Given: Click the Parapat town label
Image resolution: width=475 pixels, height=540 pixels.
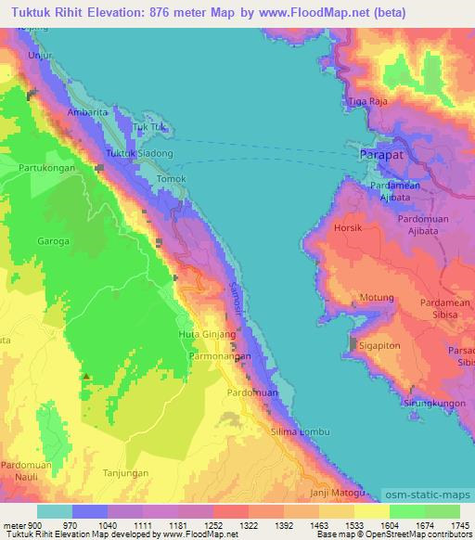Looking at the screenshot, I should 382,155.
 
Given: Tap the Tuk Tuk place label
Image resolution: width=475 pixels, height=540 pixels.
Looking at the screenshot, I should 148,127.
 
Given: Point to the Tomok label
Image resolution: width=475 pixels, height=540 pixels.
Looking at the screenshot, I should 172,178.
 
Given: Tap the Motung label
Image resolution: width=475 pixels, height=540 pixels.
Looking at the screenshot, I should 378,299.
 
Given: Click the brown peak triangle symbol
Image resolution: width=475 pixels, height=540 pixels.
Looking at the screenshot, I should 85,377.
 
